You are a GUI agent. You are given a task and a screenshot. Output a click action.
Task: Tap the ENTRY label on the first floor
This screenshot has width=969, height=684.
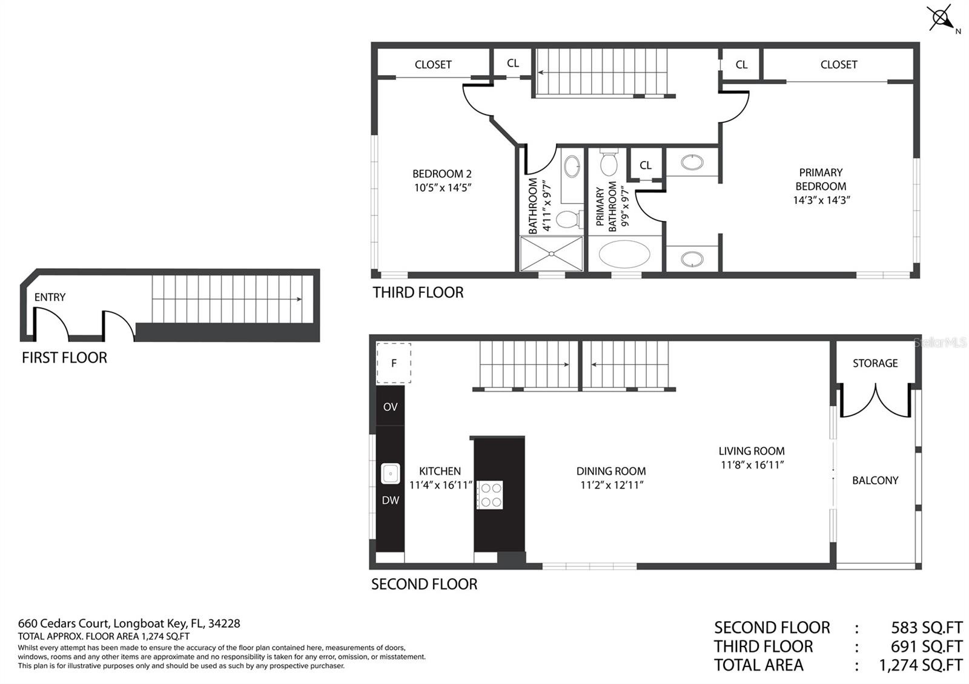[50, 297]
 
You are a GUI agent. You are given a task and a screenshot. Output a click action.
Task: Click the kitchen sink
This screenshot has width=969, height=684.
[390, 473]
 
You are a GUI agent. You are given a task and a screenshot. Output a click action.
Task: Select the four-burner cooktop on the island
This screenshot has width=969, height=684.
[490, 495]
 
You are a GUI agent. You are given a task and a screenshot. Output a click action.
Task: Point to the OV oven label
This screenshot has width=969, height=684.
[390, 407]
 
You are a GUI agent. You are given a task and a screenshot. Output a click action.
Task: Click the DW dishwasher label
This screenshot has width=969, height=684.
[390, 500]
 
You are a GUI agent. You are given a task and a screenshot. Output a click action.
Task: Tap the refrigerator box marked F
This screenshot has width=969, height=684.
[394, 363]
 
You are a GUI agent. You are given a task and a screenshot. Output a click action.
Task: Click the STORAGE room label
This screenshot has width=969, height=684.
[875, 363]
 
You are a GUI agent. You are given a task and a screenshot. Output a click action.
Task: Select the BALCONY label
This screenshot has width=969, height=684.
[875, 481]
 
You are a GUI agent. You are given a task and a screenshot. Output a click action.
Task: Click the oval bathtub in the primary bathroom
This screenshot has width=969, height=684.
[624, 254]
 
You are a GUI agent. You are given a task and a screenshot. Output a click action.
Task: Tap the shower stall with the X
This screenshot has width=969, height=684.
[551, 254]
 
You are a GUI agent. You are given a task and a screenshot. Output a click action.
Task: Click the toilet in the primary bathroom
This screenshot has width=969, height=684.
[609, 162]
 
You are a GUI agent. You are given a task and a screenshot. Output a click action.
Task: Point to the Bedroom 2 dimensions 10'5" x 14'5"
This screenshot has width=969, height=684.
[442, 188]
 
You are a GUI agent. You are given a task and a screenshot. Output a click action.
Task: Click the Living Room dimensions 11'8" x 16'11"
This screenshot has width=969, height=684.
[752, 465]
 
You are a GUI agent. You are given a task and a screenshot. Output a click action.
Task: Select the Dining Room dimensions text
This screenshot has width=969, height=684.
[612, 485]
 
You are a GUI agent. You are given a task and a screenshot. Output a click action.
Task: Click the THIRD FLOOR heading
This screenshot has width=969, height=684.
[418, 293]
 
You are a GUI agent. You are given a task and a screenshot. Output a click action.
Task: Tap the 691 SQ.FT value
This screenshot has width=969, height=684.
[927, 646]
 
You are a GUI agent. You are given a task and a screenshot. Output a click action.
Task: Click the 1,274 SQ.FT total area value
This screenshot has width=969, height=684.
[921, 665]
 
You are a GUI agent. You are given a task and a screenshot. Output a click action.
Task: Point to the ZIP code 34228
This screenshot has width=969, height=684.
[224, 623]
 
